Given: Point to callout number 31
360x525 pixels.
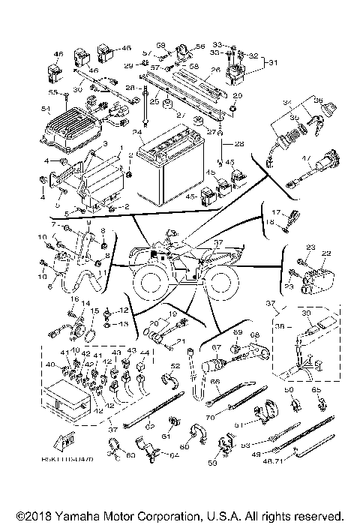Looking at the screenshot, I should point(272,61).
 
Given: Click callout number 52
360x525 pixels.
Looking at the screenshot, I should point(175,366).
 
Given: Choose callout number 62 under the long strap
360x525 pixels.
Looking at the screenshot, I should point(149,424).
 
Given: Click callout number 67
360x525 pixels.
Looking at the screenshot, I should point(216,348).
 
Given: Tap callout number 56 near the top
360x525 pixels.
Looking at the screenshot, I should point(199,46).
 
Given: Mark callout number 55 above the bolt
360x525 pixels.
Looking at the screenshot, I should point(52,92).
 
